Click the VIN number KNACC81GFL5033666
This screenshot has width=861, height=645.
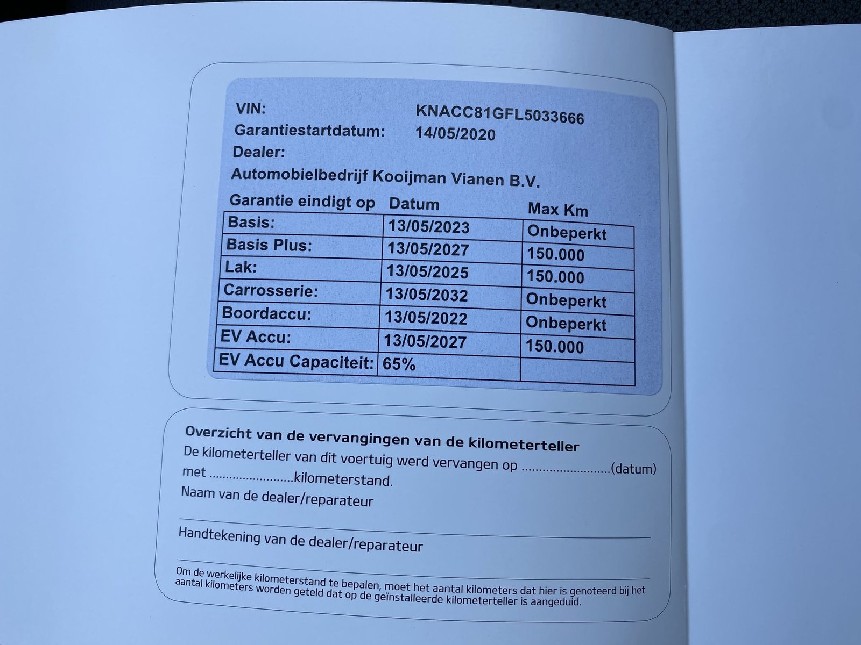click(499, 114)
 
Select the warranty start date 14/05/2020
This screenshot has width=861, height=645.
click(455, 134)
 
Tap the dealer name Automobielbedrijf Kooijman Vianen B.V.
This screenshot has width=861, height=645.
click(385, 177)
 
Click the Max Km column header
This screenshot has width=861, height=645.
click(557, 209)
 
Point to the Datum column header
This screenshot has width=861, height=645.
click(414, 204)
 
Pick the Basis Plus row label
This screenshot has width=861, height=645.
click(269, 245)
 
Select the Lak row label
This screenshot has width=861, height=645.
click(241, 267)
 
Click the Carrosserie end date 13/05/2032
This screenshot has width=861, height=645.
click(427, 295)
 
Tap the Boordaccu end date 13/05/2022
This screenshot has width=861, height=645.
click(426, 318)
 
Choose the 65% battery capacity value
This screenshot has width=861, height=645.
click(399, 365)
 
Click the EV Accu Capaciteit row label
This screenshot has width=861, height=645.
click(296, 361)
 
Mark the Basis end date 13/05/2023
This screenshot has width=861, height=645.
click(428, 227)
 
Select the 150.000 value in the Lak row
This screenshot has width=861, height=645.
click(555, 277)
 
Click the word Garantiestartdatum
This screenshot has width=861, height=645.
click(310, 131)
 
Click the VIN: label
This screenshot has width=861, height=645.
click(251, 109)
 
